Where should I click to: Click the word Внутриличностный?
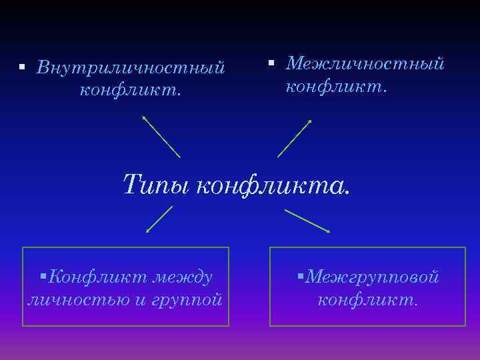point(131,68)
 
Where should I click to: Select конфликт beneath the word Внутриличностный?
point(130,90)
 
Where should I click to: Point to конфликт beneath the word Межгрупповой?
point(367,299)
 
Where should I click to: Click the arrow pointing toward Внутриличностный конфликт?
point(161,136)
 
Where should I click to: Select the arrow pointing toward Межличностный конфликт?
point(295,138)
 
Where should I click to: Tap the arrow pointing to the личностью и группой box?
point(159,219)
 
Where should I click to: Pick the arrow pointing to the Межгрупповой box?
point(307,221)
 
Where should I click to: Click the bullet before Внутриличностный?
point(21,68)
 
